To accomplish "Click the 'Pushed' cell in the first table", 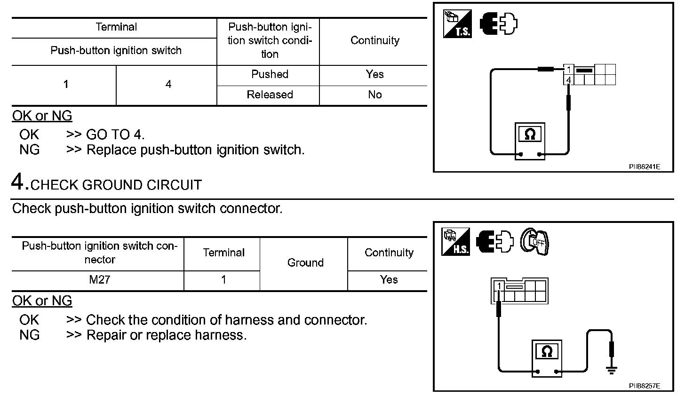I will point(270,74).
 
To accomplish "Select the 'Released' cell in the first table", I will point(270,95).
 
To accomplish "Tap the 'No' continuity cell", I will point(374,95).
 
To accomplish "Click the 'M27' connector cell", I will point(99,280).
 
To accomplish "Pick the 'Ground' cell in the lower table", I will point(305,263).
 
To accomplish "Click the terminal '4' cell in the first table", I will point(168,85).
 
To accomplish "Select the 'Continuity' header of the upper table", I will point(374,40).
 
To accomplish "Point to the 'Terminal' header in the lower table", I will point(223,253).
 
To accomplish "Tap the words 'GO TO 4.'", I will point(115,135).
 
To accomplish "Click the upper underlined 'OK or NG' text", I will point(42,116).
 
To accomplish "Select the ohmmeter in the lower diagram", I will point(546,357).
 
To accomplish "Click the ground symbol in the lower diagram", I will point(612,370).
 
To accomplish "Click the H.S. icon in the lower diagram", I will point(455,242).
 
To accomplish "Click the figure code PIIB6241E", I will point(644,167).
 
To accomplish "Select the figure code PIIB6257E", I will point(644,386).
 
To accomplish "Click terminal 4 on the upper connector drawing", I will point(569,80).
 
